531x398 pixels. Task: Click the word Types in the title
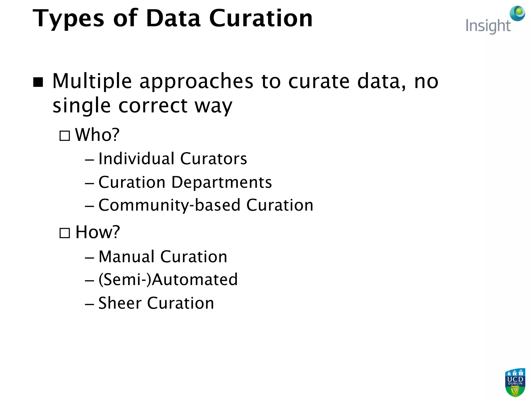(x=68, y=19)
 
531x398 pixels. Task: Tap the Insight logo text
(x=488, y=26)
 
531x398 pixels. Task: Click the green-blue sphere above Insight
(x=517, y=13)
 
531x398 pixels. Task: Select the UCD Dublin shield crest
(x=515, y=382)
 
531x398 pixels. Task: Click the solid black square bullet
(x=38, y=82)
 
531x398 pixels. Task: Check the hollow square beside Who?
(x=65, y=136)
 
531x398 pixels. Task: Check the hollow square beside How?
(x=65, y=233)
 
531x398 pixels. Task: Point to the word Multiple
(x=92, y=81)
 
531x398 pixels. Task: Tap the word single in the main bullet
(x=82, y=106)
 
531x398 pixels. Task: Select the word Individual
(x=136, y=159)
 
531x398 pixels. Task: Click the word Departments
(x=222, y=182)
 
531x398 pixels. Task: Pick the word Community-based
(x=169, y=205)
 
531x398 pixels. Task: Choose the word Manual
(x=127, y=257)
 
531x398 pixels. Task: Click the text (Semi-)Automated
(x=168, y=280)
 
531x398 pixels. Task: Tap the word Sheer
(x=120, y=303)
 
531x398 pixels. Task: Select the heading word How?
(x=97, y=232)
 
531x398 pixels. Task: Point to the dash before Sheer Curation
(x=89, y=304)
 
